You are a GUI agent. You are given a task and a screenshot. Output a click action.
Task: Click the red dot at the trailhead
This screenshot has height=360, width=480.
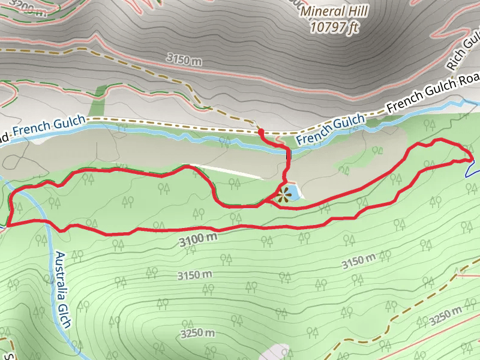[260, 131]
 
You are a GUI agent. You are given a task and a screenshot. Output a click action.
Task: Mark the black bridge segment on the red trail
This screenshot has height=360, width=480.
[289, 158]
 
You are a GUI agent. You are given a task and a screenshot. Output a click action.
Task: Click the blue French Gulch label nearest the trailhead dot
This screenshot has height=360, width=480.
[330, 129]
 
